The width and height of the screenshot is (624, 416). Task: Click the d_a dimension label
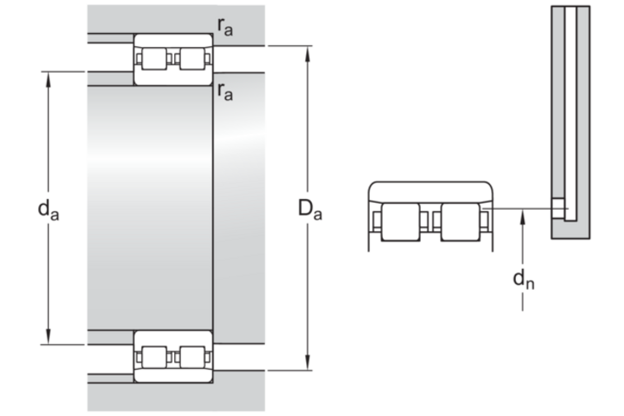coord(48,210)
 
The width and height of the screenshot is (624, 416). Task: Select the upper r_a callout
coord(225,27)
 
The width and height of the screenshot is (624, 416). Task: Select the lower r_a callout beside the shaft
coord(225,92)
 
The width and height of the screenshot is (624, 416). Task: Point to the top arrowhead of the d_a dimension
coord(49,79)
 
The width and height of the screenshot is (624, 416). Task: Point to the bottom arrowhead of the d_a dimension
coord(49,337)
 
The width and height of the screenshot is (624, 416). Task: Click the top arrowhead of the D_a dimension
coord(307,54)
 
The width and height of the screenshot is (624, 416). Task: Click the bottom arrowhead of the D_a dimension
coord(307,362)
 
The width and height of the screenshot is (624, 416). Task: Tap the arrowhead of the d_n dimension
coord(522,216)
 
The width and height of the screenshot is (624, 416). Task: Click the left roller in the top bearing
coord(154,59)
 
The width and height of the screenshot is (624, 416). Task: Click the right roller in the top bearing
coord(192,59)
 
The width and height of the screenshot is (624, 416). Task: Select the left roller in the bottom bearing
coord(154,357)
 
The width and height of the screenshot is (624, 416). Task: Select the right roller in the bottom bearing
coord(192,357)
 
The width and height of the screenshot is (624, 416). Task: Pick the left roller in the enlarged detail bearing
coord(400,222)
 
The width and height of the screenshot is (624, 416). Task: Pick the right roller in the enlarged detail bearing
coord(461,222)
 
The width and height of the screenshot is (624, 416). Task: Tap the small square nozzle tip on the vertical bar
coord(558,209)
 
